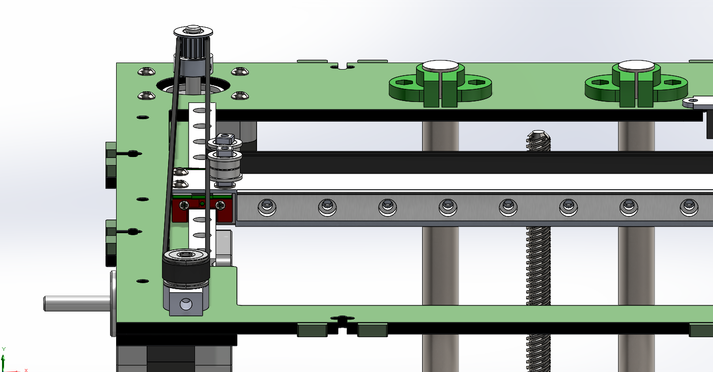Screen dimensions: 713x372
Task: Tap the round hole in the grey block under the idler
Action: (186, 304)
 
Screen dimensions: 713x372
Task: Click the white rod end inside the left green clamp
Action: (440, 66)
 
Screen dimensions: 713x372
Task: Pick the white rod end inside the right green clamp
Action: (636, 66)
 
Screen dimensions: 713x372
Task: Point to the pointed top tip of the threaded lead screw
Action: (538, 132)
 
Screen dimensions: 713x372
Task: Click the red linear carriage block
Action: (202, 209)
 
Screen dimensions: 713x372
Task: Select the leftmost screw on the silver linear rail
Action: (267, 207)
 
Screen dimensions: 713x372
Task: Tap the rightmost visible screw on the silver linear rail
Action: (689, 207)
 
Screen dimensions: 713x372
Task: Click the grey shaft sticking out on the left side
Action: (77, 303)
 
